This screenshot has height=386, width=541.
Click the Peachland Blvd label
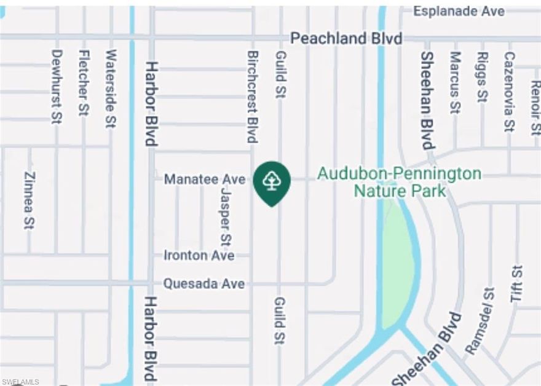click(x=346, y=39)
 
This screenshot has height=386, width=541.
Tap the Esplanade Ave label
click(x=459, y=11)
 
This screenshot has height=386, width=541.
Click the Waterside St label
click(x=111, y=89)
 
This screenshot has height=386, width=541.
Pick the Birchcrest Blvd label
click(x=252, y=96)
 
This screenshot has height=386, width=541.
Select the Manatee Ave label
click(x=204, y=179)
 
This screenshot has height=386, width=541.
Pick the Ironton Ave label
click(x=199, y=255)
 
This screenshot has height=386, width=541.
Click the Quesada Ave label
click(x=203, y=284)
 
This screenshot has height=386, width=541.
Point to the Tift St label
click(x=516, y=283)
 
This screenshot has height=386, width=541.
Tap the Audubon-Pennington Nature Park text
click(x=399, y=182)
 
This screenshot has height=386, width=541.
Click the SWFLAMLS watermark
click(x=20, y=382)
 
